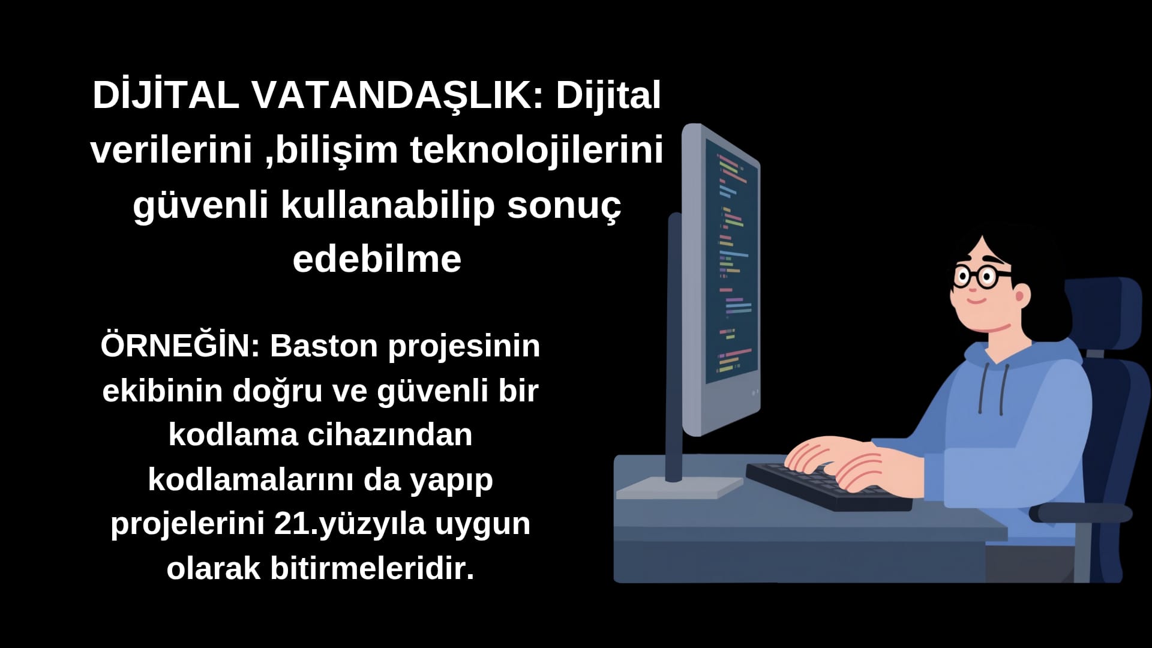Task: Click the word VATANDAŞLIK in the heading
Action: click(396, 96)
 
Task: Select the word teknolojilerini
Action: click(536, 150)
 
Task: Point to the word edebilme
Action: click(377, 259)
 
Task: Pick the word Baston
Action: click(324, 347)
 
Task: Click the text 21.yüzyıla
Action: click(350, 524)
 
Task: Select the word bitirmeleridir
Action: click(372, 568)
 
